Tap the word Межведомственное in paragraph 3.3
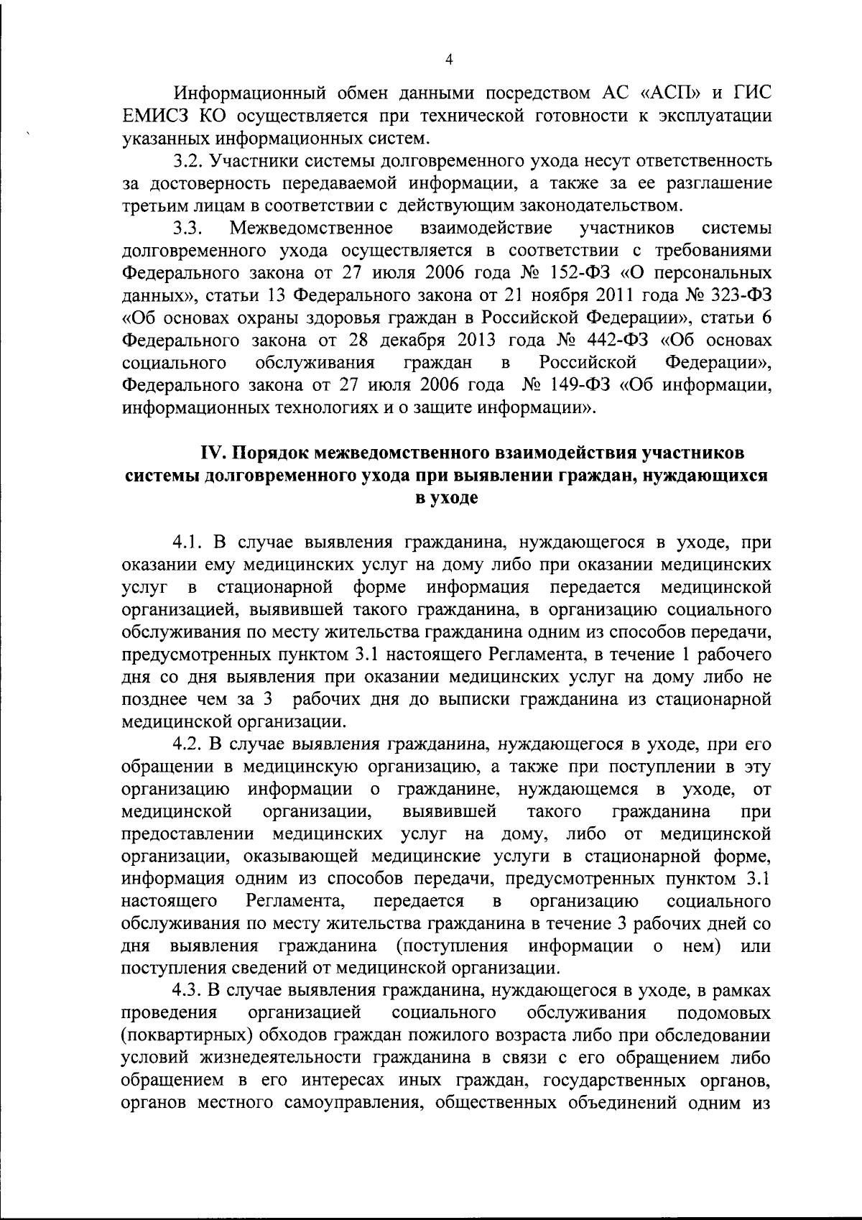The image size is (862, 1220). pos(311,228)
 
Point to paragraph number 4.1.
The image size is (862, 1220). pos(187,542)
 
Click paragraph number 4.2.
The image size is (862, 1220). pos(188,744)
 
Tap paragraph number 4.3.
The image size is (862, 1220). pos(188,991)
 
